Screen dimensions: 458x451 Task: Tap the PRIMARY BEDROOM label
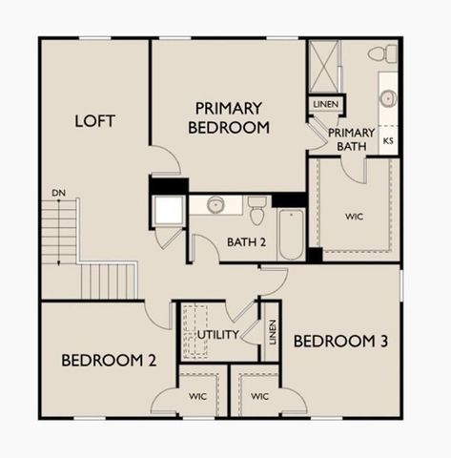(x=229, y=116)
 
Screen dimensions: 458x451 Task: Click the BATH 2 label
(x=247, y=241)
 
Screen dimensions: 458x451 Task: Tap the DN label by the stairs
(x=58, y=194)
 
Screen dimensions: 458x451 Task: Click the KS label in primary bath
(x=388, y=141)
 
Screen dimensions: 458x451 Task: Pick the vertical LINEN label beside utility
(x=272, y=333)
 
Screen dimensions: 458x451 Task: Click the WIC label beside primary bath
(x=354, y=217)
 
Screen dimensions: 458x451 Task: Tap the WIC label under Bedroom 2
(x=197, y=394)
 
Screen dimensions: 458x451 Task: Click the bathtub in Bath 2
(x=291, y=233)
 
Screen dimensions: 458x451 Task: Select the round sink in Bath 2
(x=216, y=204)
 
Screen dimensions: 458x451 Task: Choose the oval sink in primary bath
(x=388, y=97)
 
